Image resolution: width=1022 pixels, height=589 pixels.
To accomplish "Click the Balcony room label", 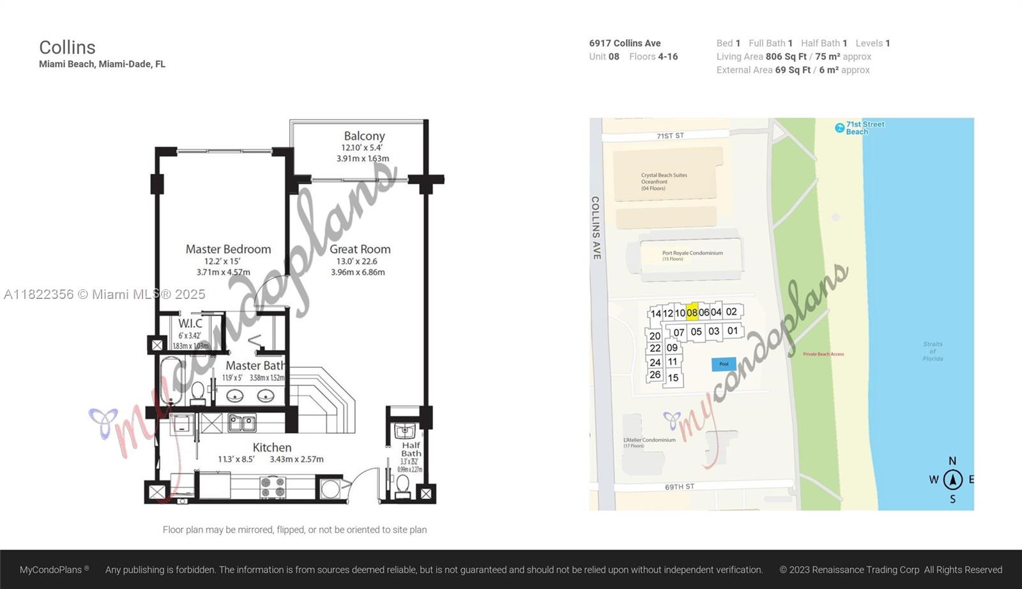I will click(364, 136).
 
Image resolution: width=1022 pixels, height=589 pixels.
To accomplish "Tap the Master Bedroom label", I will click(228, 249).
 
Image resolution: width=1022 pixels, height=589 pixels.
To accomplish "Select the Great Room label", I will click(360, 249).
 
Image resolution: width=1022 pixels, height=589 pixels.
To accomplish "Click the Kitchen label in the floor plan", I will click(271, 447).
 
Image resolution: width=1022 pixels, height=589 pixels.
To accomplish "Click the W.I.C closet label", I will click(190, 324).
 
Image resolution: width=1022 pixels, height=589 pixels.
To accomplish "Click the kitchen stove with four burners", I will click(273, 487).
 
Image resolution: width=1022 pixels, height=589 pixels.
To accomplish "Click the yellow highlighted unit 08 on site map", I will click(692, 312).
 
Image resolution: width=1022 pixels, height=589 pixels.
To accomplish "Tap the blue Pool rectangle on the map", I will click(724, 364).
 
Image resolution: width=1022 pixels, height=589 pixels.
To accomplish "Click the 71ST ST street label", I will click(670, 136).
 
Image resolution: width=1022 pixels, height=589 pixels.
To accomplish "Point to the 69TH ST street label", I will click(680, 487).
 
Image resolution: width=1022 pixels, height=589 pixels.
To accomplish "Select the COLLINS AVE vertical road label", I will click(595, 227).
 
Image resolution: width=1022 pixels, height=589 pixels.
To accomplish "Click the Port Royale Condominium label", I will click(692, 253).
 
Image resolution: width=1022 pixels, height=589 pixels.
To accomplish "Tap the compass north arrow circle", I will click(952, 479).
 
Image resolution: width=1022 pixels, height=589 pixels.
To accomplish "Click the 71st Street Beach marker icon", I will click(840, 128).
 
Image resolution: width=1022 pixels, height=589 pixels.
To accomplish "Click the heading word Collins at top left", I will click(67, 47).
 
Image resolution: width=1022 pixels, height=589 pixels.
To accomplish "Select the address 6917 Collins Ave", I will click(625, 43).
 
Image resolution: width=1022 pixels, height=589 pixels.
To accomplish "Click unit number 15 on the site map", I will click(673, 378).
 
